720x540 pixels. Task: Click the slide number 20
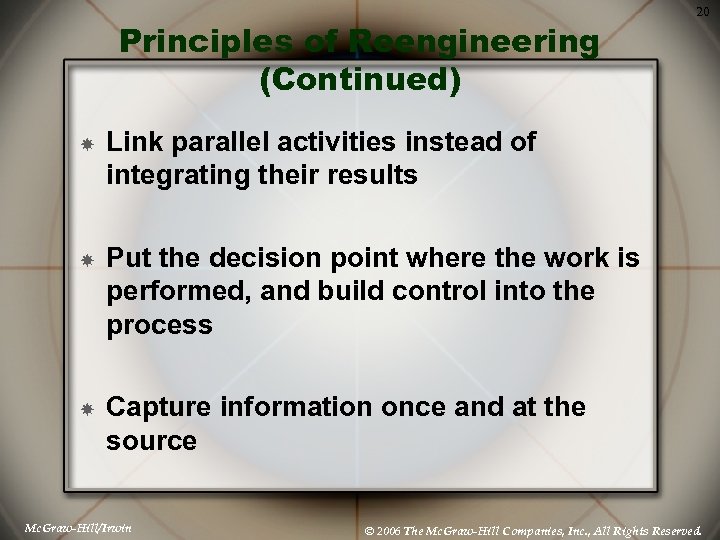tap(702, 11)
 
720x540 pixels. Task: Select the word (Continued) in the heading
tap(360, 81)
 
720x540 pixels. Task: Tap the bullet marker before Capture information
tap(88, 410)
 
